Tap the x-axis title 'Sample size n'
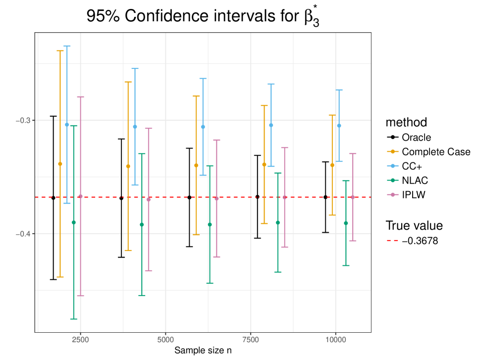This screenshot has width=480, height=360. tap(203, 350)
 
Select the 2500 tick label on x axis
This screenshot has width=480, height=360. tap(80, 341)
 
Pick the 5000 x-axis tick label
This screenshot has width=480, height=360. tap(165, 341)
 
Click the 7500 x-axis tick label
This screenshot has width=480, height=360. tap(251, 341)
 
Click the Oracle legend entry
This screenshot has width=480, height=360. tap(416, 138)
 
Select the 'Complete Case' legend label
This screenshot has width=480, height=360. tap(436, 152)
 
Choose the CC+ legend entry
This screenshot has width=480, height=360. tap(412, 166)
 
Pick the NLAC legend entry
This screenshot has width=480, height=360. tap(415, 181)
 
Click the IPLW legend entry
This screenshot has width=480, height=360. tap(414, 195)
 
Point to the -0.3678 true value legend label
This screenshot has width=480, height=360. tap(420, 241)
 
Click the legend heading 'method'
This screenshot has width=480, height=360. tap(406, 122)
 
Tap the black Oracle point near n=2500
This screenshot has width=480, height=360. tap(53, 198)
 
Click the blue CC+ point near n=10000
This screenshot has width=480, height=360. tap(339, 126)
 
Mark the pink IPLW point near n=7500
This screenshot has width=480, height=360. tap(284, 198)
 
